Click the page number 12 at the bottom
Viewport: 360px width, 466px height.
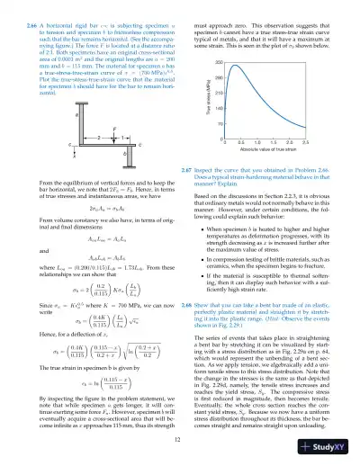coord(180,438)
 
